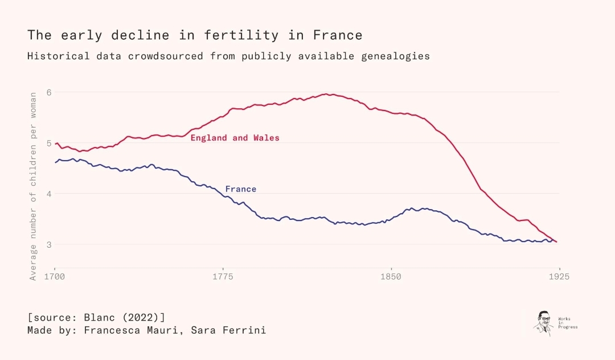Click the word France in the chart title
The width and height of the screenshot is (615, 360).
pos(338,35)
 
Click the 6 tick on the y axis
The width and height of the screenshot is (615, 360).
pos(49,92)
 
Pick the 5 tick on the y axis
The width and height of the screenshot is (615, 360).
pos(49,143)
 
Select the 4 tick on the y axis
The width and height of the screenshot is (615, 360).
pos(49,194)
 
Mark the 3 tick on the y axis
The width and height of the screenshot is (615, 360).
pos(49,244)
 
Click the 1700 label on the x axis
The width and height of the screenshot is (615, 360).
pos(55,277)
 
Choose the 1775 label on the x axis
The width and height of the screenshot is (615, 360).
pos(223,277)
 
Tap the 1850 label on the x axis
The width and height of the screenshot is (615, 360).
pos(391,277)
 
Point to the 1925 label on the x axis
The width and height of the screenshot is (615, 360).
pos(559,277)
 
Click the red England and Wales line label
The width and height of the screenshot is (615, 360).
pos(235,138)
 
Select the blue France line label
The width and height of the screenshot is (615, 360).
pos(241,189)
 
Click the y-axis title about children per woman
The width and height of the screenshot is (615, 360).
pos(33,186)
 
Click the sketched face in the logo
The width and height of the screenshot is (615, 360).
pos(544,322)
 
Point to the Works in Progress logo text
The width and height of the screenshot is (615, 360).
pos(567,322)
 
